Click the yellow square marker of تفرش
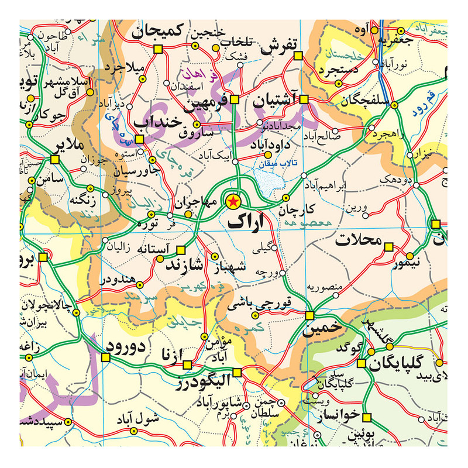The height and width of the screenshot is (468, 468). tap(297, 56)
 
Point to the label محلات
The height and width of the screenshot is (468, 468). tap(358, 240)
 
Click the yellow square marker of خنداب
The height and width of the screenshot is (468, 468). tap(139, 139)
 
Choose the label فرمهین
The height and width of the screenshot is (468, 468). tap(205, 106)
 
